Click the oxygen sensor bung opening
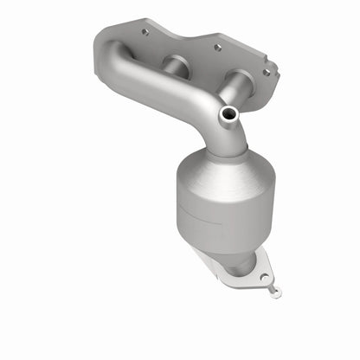click(228, 113)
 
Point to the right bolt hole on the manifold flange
click(264, 72)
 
